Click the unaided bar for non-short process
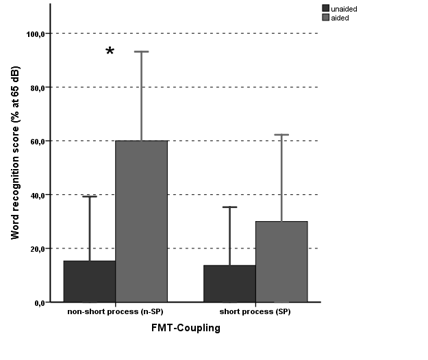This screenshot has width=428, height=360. coord(89,281)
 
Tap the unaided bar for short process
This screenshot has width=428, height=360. coord(229,283)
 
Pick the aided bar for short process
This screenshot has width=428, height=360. coord(281,261)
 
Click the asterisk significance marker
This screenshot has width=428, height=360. coord(110,53)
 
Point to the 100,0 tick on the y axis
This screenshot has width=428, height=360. coord(35,34)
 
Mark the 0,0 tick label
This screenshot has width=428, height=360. coord(39,303)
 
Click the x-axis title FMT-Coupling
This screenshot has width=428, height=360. coord(186,328)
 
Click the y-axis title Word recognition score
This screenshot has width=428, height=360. coord(15,153)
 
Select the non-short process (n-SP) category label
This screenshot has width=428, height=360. coord(114,312)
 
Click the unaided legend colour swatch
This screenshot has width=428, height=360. coord(325,8)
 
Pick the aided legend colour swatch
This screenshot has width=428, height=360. coord(325,17)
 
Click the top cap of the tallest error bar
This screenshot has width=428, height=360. coord(141,51)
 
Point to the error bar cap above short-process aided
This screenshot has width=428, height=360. coord(281,135)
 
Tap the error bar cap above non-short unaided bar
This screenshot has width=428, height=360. coord(89,196)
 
